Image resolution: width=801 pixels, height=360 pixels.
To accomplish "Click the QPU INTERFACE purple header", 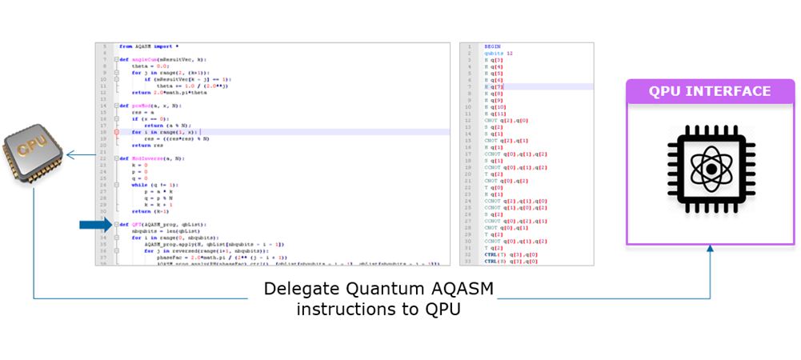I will (x=710, y=91).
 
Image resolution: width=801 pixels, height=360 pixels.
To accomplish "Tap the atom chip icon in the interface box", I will (x=710, y=170).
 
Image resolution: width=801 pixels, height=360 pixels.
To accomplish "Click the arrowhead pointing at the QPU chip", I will (x=70, y=155).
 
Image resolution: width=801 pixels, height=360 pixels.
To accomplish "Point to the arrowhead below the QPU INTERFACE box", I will (x=710, y=250).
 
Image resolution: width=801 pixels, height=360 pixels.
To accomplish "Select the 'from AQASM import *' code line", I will (x=149, y=46).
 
